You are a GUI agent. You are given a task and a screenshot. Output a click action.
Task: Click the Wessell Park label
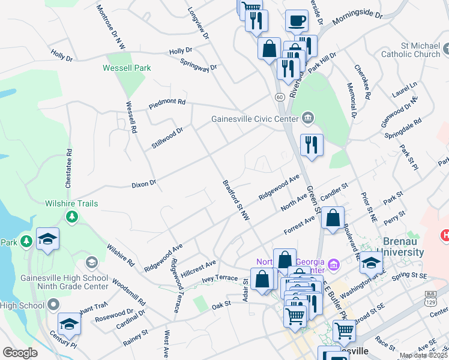point(127,68)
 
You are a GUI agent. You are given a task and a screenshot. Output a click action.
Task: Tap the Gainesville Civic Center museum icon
point(308,117)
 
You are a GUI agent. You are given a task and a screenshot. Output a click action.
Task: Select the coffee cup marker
point(297,22)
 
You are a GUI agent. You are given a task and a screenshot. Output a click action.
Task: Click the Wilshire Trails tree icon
point(72,216)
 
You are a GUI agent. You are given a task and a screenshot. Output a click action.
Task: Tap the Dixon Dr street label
point(144,183)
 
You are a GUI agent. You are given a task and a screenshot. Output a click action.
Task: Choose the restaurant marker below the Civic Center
point(312,145)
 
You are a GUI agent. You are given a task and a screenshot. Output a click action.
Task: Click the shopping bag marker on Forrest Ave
point(333,218)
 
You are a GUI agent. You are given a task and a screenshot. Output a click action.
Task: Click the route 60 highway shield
point(280,96)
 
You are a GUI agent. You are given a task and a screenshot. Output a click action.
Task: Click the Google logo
point(20,353)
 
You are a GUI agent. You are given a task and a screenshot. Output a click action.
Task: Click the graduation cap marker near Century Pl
point(70,325)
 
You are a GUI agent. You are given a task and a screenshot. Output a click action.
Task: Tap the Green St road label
point(313,199)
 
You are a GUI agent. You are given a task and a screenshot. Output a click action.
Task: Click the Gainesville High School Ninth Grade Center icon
point(91,262)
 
